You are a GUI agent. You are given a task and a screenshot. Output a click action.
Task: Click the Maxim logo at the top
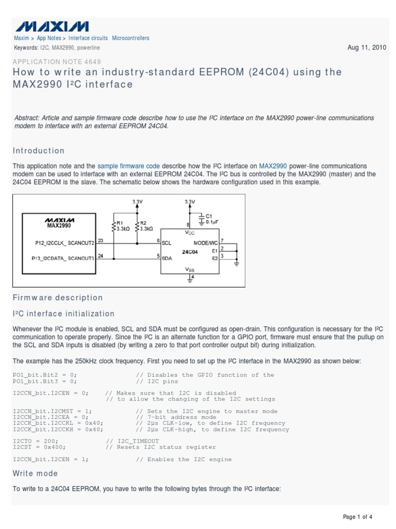(51, 26)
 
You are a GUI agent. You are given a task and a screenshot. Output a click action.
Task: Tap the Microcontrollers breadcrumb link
(130, 38)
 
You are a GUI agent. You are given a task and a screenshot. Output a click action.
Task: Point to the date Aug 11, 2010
(367, 48)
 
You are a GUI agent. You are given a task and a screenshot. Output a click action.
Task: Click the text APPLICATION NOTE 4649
(57, 61)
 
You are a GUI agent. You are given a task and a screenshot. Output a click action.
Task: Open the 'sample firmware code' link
(128, 166)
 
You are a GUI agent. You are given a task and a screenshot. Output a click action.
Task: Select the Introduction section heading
(39, 151)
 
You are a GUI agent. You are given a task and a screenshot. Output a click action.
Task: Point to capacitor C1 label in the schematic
(208, 216)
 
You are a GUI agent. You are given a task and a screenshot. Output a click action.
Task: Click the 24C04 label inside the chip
(189, 252)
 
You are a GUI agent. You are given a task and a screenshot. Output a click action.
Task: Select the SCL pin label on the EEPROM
(167, 242)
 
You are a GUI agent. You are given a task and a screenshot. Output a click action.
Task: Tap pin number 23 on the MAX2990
(100, 240)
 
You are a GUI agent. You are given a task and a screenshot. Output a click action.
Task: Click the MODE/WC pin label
(205, 242)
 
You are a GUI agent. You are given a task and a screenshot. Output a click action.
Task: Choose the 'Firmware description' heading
(58, 298)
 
